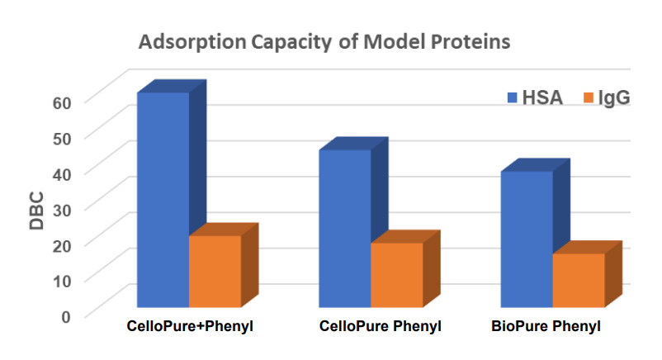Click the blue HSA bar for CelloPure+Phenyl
click(x=163, y=198)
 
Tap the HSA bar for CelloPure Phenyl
click(x=344, y=227)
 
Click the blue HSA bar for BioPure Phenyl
click(x=526, y=239)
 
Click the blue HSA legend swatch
click(x=512, y=98)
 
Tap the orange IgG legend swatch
click(x=589, y=98)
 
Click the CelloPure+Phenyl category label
click(x=189, y=326)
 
